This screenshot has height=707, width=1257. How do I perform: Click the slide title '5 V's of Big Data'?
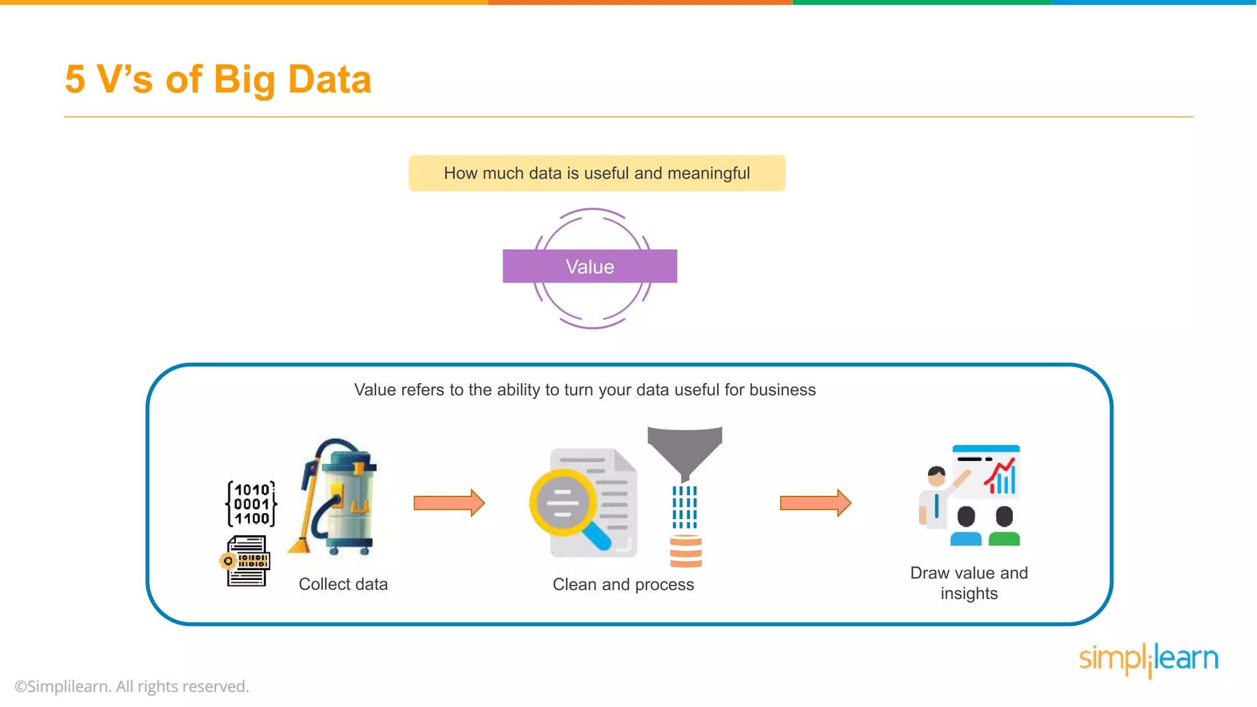218,80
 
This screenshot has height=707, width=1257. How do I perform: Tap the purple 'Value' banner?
589,266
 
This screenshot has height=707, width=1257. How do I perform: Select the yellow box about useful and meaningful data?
597,173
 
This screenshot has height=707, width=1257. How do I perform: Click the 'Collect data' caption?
343,584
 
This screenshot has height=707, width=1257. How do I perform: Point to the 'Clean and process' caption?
623,585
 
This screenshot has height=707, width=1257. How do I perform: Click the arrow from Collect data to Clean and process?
449,503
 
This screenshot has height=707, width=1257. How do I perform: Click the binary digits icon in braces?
252,504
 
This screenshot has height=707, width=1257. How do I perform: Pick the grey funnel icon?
684,451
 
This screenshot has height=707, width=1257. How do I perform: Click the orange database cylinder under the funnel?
686,551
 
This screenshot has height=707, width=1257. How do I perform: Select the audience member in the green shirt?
1004,527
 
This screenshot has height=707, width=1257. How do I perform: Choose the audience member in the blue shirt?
966,527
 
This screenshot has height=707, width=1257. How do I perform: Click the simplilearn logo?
1148,659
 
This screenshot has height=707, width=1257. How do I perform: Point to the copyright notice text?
132,686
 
